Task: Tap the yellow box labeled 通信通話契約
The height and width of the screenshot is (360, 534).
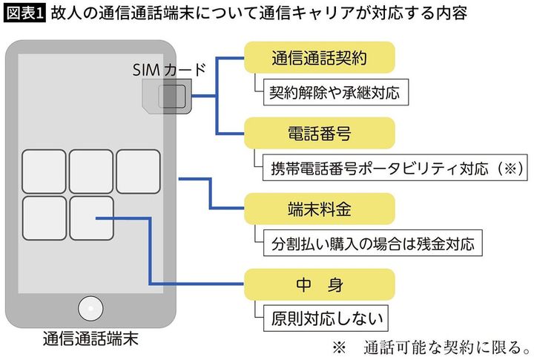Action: [x=320, y=56]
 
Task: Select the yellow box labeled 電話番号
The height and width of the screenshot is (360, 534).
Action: [x=320, y=134]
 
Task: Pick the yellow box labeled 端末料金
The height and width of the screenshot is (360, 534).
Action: [x=320, y=209]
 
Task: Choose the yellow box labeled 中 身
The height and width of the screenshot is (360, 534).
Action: [x=320, y=285]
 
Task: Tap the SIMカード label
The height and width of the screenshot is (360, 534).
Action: [x=168, y=70]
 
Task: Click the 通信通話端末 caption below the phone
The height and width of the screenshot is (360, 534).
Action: [x=89, y=339]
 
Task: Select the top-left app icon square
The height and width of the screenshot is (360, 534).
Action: [x=44, y=171]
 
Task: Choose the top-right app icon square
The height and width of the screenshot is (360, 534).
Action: [x=138, y=171]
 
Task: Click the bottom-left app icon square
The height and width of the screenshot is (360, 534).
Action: [x=44, y=218]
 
